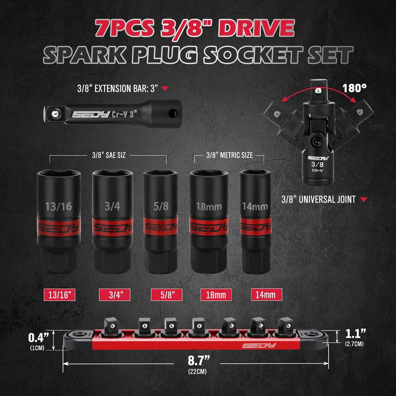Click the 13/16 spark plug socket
pyautogui.click(x=59, y=222)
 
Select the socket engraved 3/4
pyautogui.click(x=112, y=222)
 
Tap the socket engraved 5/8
pyautogui.click(x=160, y=222)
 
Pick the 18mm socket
pyautogui.click(x=209, y=222)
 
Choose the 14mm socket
pyautogui.click(x=255, y=222)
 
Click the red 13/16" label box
pyautogui.click(x=59, y=295)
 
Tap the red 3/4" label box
pyautogui.click(x=115, y=295)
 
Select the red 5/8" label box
pyautogui.click(x=166, y=295)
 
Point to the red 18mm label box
pyautogui.click(x=216, y=295)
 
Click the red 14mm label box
pyautogui.click(x=266, y=295)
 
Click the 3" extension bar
pyautogui.click(x=113, y=114)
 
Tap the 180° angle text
pyautogui.click(x=354, y=88)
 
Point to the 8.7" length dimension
pyautogui.click(x=198, y=360)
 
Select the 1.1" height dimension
pyautogui.click(x=356, y=334)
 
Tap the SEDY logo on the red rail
pyautogui.click(x=259, y=346)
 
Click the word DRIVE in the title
pyautogui.click(x=257, y=28)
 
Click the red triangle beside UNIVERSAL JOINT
pyautogui.click(x=363, y=199)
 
